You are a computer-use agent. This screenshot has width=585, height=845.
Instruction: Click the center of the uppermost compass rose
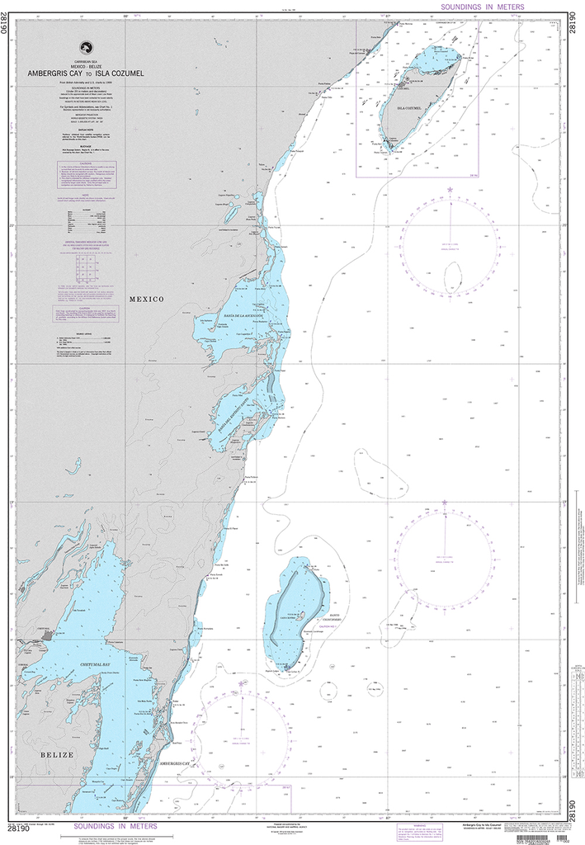[450, 246]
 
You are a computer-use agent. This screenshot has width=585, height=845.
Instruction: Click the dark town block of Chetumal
[45, 635]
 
